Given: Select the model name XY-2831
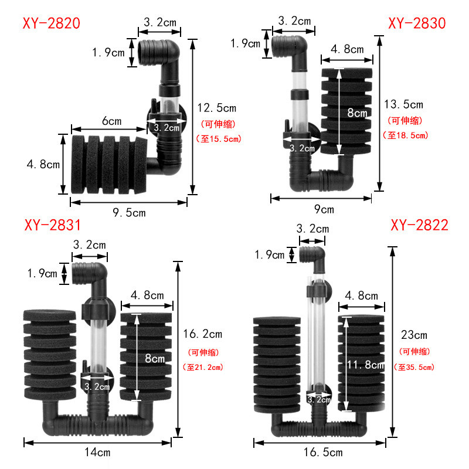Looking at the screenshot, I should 52,225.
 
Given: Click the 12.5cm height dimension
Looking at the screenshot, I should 216,108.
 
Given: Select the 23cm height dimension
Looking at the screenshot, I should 414,335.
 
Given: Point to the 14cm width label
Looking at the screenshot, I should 96,452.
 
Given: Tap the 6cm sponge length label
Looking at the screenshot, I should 111,121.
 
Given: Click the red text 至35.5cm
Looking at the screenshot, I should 415,368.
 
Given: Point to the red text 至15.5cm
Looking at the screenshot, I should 217,139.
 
